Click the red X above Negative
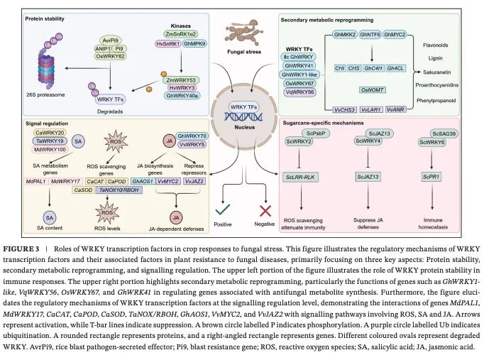click(265, 211)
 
